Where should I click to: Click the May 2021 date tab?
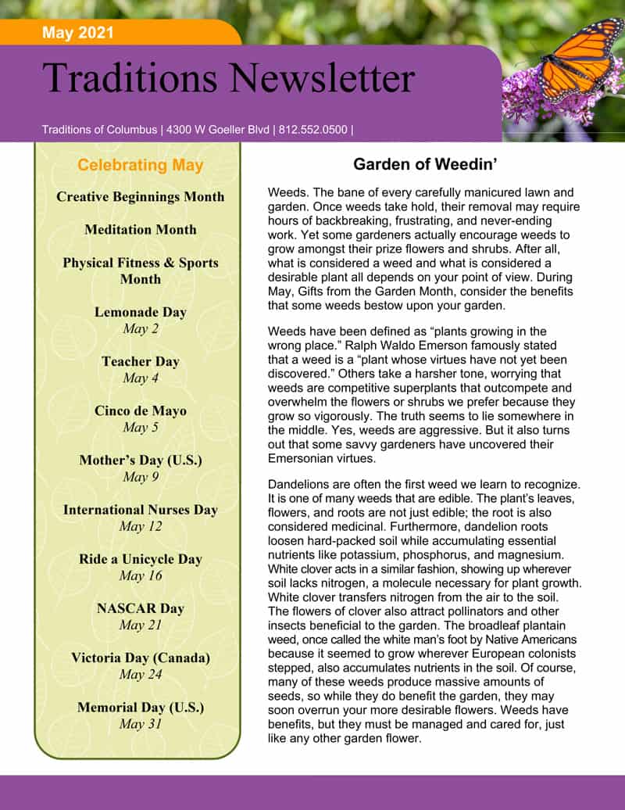(x=78, y=33)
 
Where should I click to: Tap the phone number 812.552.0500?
(x=312, y=130)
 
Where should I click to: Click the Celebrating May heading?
(x=141, y=165)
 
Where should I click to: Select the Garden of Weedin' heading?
(x=426, y=164)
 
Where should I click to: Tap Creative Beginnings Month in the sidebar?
(x=141, y=197)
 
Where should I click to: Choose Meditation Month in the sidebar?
(x=141, y=230)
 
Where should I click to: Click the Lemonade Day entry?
(x=141, y=312)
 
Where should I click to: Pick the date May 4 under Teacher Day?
(x=141, y=378)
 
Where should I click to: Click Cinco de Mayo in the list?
(x=141, y=410)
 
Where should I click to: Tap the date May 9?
(x=141, y=477)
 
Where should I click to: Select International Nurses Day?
(x=141, y=510)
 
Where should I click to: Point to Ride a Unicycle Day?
(x=141, y=559)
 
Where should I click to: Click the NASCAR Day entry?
(x=141, y=608)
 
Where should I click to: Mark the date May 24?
(x=141, y=675)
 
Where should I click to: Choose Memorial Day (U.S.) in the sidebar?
(x=141, y=708)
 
